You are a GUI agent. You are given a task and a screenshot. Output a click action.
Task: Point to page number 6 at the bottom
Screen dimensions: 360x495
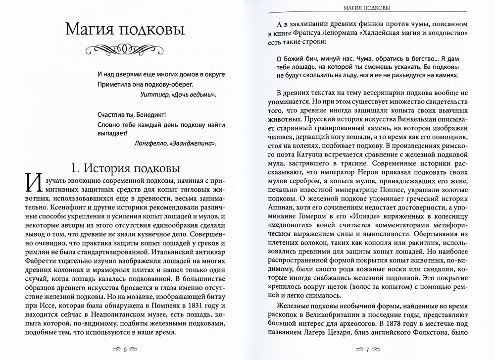point(125,349)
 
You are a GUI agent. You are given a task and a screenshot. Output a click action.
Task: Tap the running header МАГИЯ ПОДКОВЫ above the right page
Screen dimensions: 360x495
point(368,7)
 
